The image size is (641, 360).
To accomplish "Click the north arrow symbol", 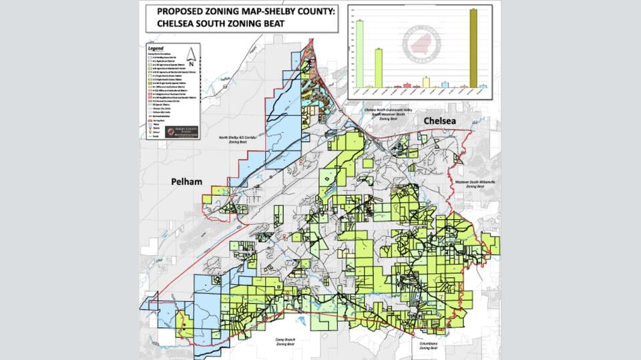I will click(x=191, y=57).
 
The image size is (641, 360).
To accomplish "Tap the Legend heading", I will click(x=155, y=49).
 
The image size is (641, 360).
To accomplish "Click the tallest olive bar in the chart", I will click(x=473, y=48).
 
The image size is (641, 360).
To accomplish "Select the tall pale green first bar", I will click(x=359, y=53).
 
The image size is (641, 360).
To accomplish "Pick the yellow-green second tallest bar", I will click(x=378, y=67).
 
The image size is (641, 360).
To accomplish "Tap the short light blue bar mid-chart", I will click(x=445, y=85).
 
